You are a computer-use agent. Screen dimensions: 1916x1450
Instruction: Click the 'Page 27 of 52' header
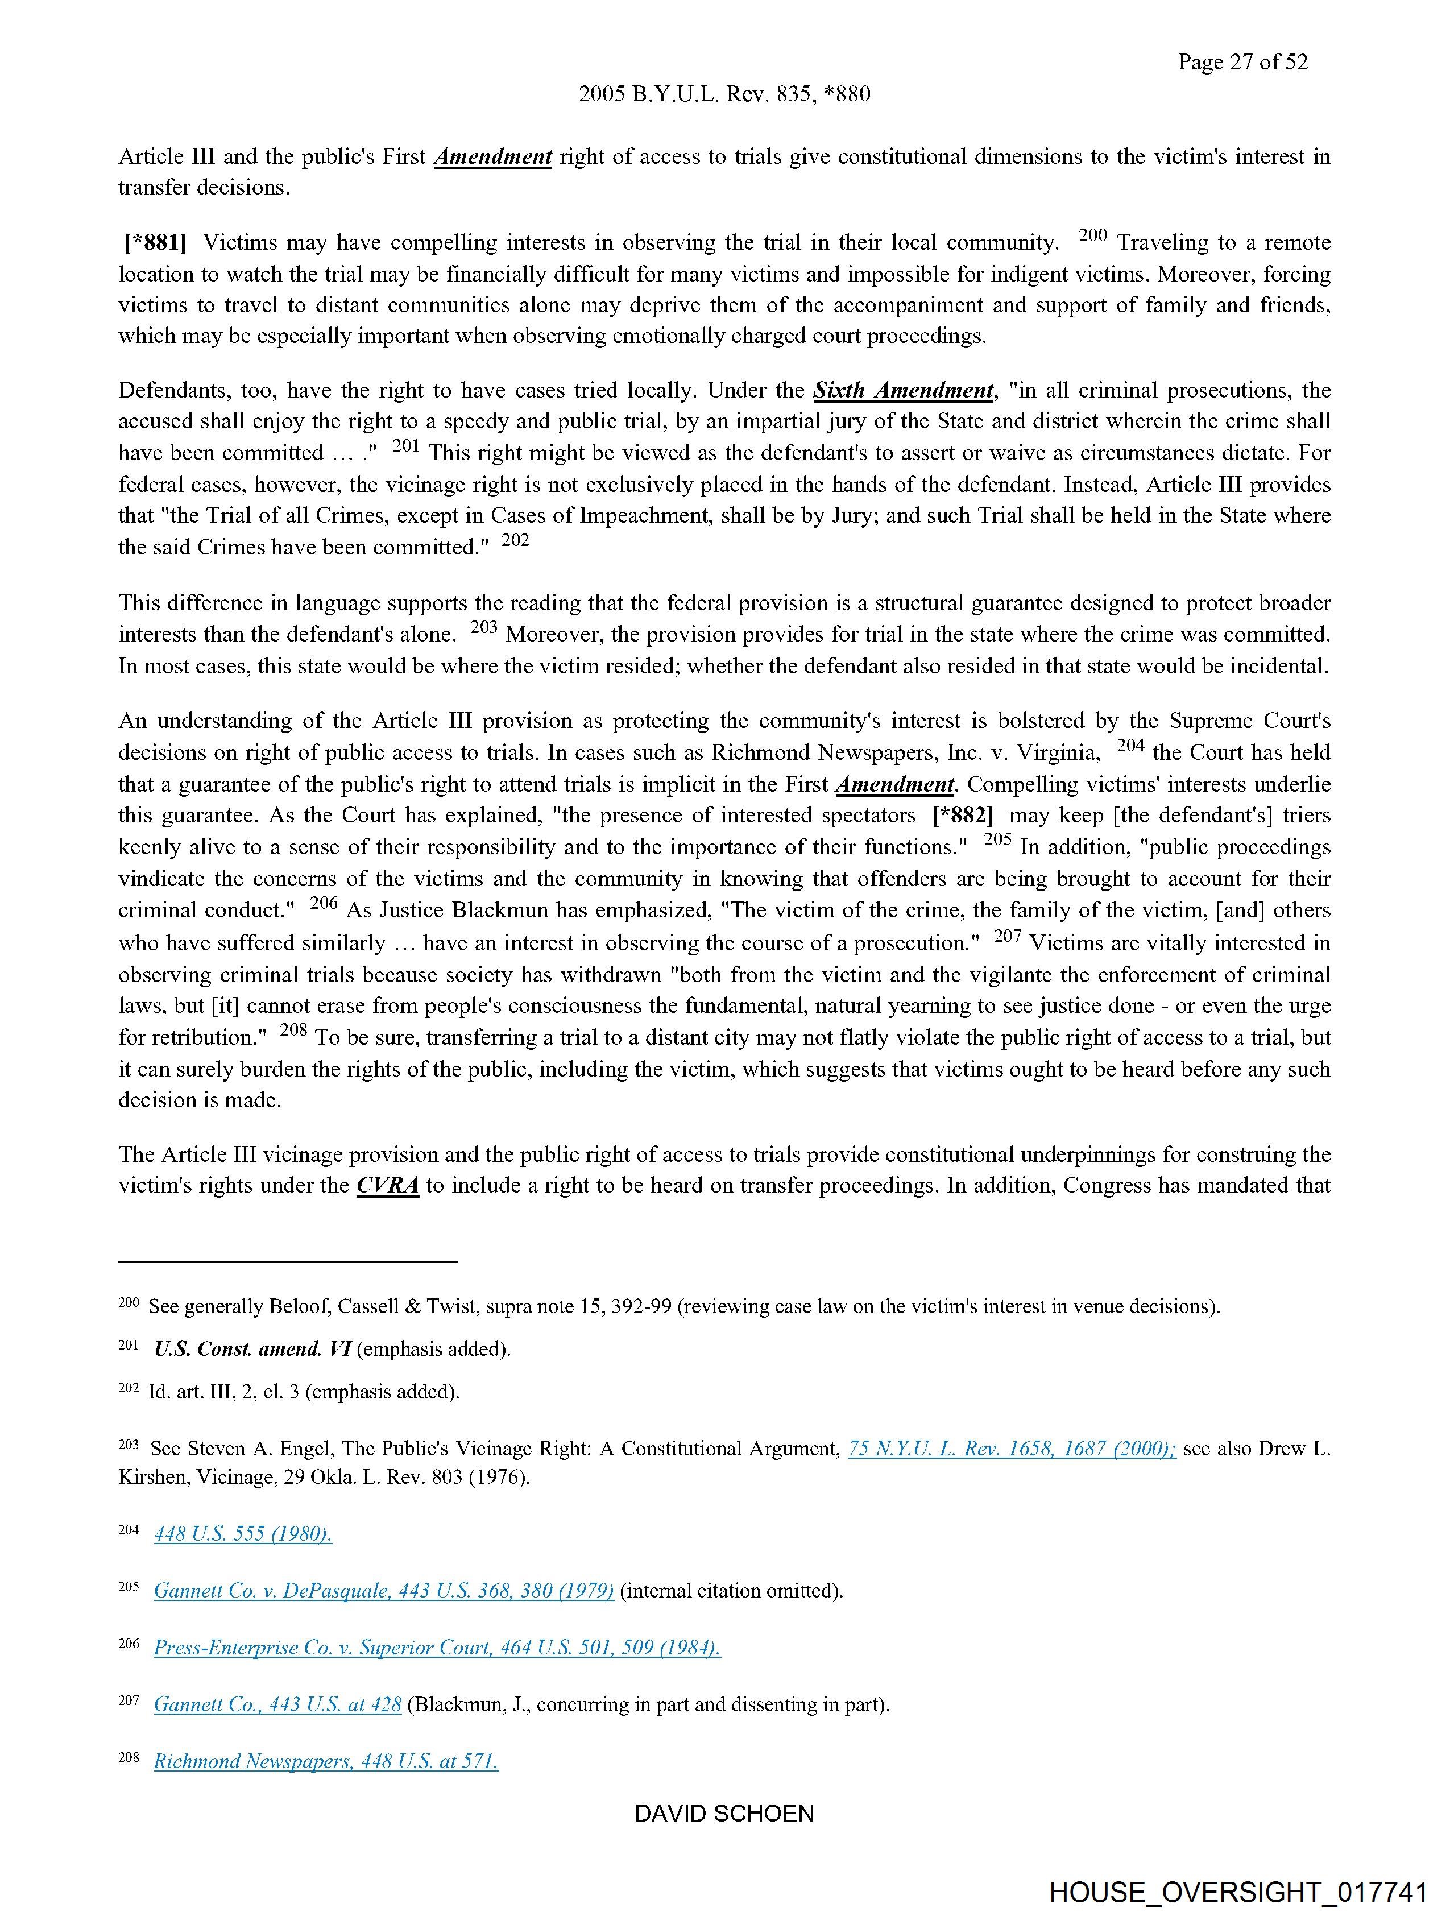1242,61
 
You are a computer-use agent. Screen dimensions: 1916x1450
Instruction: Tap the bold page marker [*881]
155,242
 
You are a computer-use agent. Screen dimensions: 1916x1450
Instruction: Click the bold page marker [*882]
962,815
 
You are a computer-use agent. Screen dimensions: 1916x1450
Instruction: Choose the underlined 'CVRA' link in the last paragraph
387,1185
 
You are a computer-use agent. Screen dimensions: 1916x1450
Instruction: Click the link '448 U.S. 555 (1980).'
243,1533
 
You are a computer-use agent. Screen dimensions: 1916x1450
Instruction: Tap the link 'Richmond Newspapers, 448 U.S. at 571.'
326,1760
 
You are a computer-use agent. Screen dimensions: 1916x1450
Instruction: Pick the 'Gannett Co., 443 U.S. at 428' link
277,1704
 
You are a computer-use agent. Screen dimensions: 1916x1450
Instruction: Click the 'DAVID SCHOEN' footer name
724,1813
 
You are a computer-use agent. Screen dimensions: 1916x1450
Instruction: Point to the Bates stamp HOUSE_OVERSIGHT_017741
1238,1891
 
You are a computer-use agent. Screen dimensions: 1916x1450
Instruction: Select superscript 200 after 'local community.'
1093,235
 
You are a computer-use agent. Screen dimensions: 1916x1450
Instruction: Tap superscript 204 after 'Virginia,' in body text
1130,745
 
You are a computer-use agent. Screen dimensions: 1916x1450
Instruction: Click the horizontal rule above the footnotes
288,1261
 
